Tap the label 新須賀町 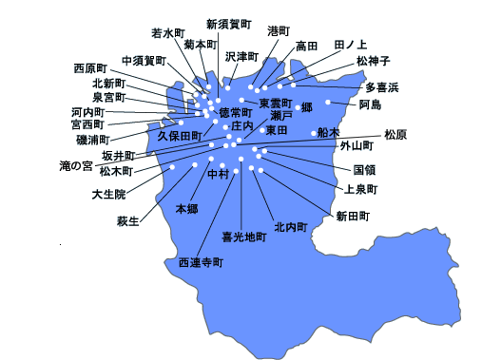(228, 24)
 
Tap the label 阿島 (370, 104)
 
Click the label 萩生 (127, 221)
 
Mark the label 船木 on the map (328, 132)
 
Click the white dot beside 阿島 (328, 102)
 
